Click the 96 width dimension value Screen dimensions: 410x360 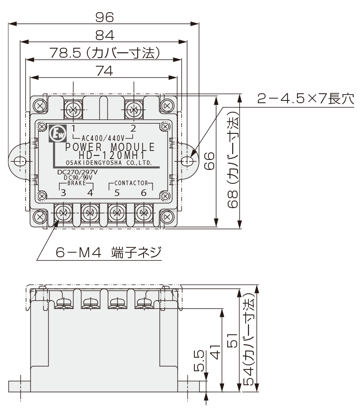pyautogui.click(x=104, y=17)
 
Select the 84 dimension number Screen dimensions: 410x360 pyautogui.click(x=104, y=35)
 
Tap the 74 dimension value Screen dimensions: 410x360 pyautogui.click(x=104, y=71)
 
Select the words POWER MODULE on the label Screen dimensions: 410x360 pyautogui.click(x=110, y=147)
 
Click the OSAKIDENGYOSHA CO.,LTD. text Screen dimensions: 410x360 pyautogui.click(x=108, y=163)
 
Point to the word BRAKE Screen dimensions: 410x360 pyautogui.click(x=76, y=184)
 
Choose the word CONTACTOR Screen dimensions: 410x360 pyautogui.click(x=131, y=183)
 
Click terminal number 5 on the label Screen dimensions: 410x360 pyautogui.click(x=117, y=193)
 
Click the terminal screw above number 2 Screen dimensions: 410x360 pyautogui.click(x=133, y=109)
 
